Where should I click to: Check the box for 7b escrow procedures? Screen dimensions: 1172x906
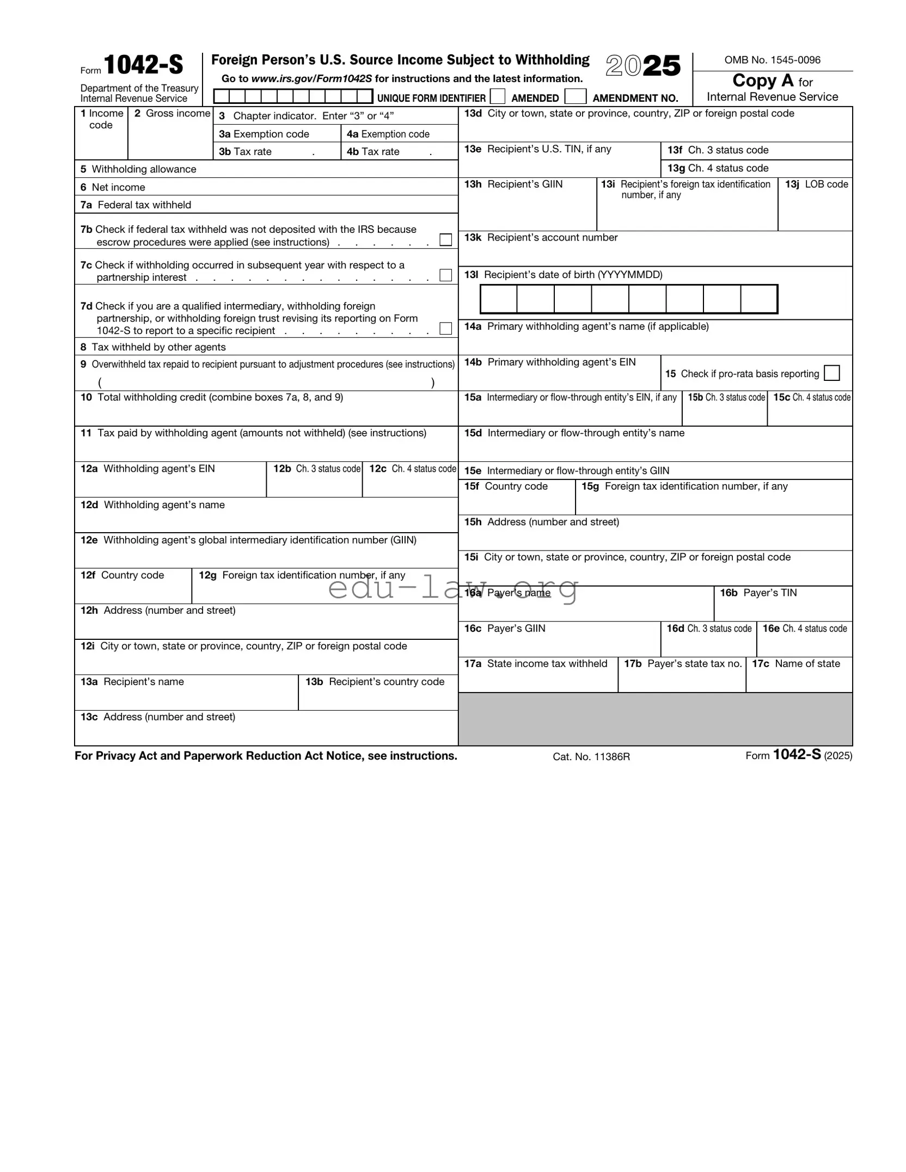pyautogui.click(x=445, y=240)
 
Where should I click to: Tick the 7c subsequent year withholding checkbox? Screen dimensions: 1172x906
pyautogui.click(x=445, y=275)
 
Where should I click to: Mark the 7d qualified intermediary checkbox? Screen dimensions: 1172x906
pyautogui.click(x=445, y=329)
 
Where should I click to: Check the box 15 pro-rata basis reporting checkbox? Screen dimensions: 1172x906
pyautogui.click(x=831, y=373)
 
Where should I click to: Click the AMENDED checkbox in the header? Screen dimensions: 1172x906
pyautogui.click(x=497, y=97)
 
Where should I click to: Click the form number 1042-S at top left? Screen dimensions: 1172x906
pyautogui.click(x=143, y=65)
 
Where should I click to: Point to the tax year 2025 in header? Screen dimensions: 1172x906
pyautogui.click(x=643, y=66)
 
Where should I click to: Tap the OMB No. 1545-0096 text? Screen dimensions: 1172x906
pyautogui.click(x=772, y=60)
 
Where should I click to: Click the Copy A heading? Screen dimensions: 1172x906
pyautogui.click(x=762, y=81)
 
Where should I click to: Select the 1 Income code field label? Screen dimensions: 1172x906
pyautogui.click(x=102, y=119)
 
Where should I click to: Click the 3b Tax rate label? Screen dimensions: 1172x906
pyautogui.click(x=245, y=152)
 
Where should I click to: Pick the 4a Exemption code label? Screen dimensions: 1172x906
pyautogui.click(x=388, y=134)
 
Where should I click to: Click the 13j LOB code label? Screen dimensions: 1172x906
pyautogui.click(x=816, y=184)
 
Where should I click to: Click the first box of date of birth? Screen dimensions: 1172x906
pyautogui.click(x=498, y=299)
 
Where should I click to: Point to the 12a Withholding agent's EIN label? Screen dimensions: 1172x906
pyautogui.click(x=148, y=469)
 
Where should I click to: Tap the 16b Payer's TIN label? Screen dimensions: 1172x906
pyautogui.click(x=758, y=593)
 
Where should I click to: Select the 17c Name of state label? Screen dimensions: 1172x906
pyautogui.click(x=795, y=664)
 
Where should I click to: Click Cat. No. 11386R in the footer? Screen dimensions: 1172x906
pyautogui.click(x=591, y=757)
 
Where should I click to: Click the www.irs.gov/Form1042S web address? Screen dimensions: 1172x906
pyautogui.click(x=311, y=79)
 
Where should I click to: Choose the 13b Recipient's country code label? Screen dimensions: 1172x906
pyautogui.click(x=375, y=682)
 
